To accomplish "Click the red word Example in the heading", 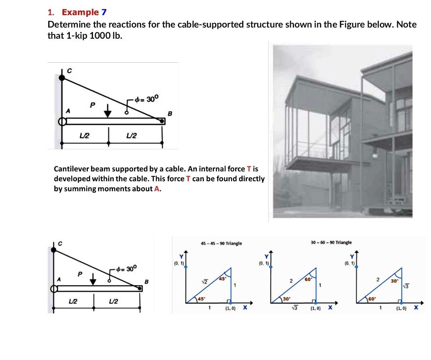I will [80, 12].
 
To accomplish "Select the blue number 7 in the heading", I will [104, 12].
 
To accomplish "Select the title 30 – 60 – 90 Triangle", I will [331, 242].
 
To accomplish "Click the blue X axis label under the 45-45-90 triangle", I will [245, 308].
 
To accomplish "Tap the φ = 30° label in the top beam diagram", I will [147, 99].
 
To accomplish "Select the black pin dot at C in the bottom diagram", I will [53, 250].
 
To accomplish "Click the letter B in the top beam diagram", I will [169, 113].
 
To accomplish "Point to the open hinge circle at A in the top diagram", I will [61, 121].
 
